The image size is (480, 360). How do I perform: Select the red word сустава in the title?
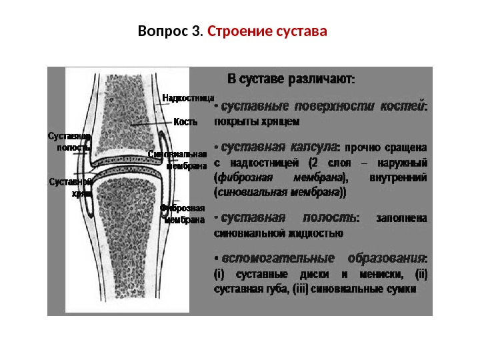[x=301, y=31]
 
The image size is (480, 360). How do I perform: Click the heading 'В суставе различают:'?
[x=292, y=78]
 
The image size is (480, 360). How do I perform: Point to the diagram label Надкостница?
[x=188, y=98]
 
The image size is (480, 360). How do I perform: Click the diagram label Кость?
[x=185, y=122]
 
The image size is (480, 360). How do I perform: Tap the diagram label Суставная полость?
[x=69, y=141]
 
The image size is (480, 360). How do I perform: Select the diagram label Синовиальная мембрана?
[x=176, y=160]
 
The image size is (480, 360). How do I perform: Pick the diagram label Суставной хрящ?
[x=71, y=187]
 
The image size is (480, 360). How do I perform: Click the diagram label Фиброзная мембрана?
[x=182, y=214]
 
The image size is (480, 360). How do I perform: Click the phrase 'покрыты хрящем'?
[x=257, y=121]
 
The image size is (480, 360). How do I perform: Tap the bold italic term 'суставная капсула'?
[x=279, y=146]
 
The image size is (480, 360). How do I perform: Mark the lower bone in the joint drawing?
[x=130, y=240]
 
